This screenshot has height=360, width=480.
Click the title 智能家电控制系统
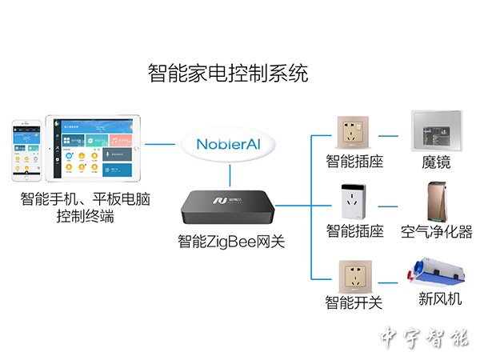click(228, 74)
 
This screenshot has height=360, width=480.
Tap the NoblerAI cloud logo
click(230, 145)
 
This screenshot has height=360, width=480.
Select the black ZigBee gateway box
click(230, 206)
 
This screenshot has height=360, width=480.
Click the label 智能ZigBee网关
click(230, 241)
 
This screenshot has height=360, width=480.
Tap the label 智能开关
click(354, 303)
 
